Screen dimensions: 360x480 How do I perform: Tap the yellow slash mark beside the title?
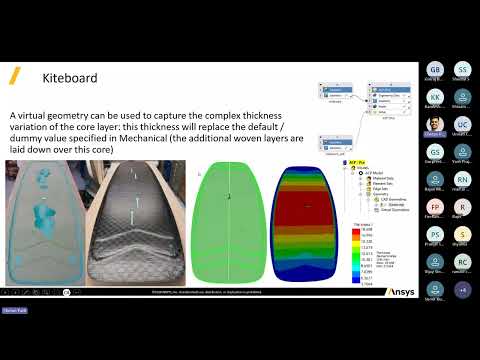pos(15,75)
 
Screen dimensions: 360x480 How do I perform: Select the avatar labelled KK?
pos(435,98)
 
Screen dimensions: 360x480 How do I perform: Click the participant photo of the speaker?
pos(435,125)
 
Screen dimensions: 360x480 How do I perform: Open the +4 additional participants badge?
pos(462,289)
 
